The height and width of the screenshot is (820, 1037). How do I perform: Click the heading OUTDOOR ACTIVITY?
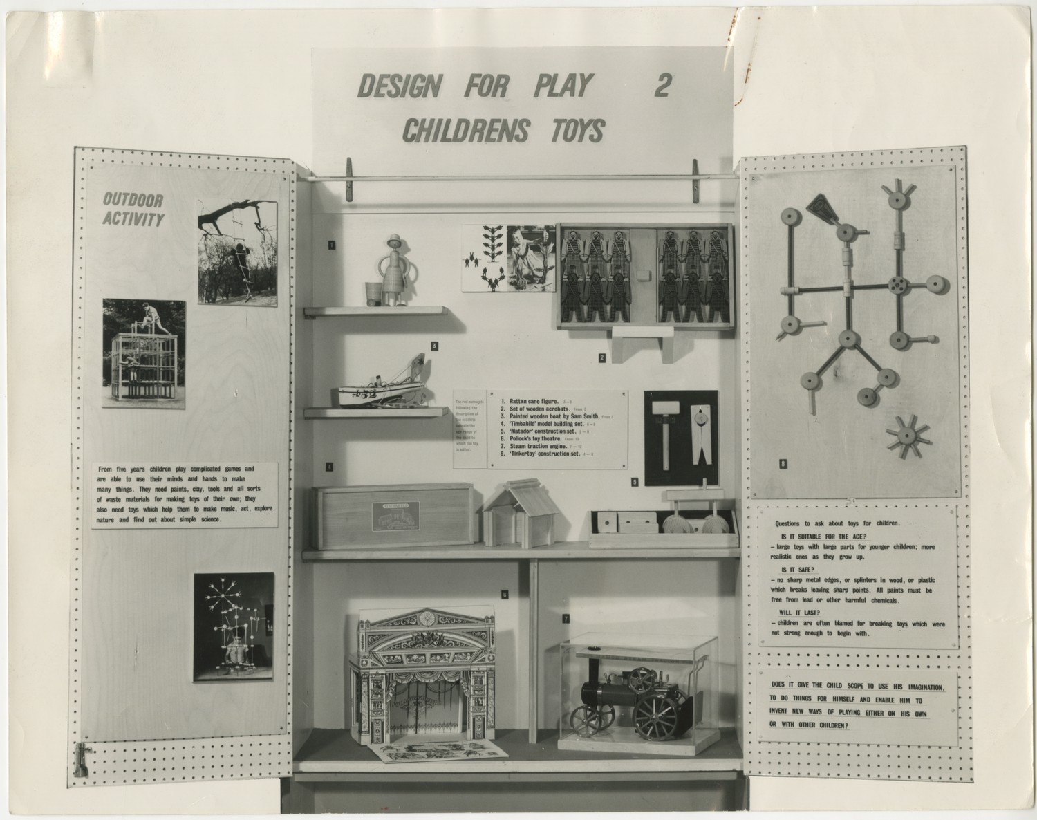[133, 210]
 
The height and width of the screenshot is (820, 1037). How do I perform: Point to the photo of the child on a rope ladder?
[237, 252]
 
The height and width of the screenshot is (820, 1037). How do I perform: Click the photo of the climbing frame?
[144, 353]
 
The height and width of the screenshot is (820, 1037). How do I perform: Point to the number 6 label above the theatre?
[505, 594]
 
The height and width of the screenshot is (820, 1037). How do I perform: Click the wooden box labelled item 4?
[391, 516]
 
